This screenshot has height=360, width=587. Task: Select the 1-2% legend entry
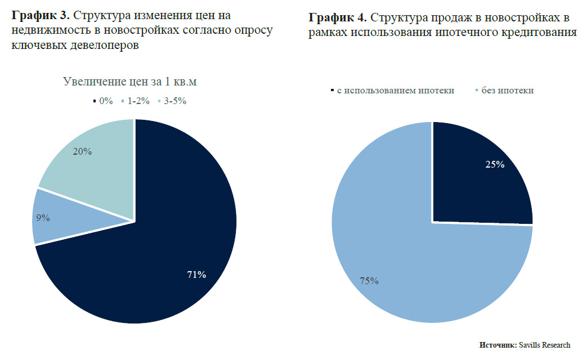136,101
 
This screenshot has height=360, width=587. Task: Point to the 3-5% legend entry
171,101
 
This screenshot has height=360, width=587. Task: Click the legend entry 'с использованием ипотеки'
392,91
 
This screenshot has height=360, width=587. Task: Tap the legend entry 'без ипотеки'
504,91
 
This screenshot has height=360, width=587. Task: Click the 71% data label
197,274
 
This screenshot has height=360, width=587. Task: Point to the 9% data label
43,217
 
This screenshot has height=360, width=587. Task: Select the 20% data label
82,151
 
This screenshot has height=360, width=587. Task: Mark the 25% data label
495,165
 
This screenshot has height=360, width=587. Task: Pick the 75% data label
369,281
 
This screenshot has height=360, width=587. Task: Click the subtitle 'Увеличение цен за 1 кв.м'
129,82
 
